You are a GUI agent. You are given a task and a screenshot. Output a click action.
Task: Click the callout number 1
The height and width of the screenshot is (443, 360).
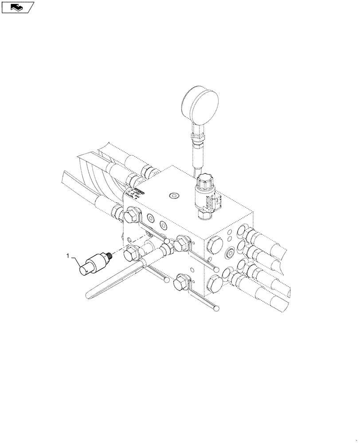(x=68, y=255)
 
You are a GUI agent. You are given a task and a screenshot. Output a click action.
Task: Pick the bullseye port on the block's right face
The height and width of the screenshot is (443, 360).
(x=230, y=254)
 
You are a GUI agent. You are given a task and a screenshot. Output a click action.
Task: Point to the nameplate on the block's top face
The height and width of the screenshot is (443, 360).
(x=138, y=192)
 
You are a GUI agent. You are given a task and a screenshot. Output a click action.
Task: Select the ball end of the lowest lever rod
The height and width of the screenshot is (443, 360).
(x=216, y=308)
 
